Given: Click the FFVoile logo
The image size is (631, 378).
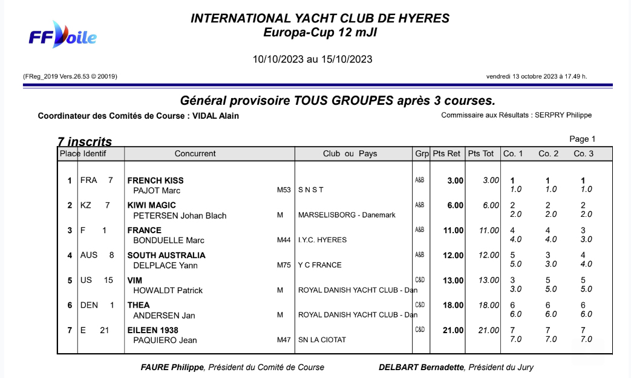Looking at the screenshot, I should pos(63,36).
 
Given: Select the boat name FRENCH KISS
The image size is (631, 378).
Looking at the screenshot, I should pos(155,181).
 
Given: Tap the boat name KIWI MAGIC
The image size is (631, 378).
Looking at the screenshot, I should pos(151,205).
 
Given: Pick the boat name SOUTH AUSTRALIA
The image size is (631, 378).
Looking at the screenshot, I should pos(166,255).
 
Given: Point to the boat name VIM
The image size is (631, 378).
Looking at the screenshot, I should pos(135,280).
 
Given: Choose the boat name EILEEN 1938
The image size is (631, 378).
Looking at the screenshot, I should pos(152,330).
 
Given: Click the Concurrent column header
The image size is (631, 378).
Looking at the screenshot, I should pos(195,154).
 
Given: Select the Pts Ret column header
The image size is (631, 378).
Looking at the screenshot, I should pos(446,154).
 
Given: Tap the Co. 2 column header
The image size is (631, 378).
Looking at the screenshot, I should pos(548,154).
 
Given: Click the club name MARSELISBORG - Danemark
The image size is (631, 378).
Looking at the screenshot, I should pos(347,215).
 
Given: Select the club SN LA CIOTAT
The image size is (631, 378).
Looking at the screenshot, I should pos(322,340).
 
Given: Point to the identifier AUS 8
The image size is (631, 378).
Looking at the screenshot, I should pos(97,255).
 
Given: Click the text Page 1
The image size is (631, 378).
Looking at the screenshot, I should pos(582,139).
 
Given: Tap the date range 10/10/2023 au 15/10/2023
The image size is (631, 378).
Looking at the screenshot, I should pos(312,59).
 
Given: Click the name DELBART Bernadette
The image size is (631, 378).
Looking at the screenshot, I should pos(421,367).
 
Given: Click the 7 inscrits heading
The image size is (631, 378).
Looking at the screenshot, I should pos(85,142).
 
